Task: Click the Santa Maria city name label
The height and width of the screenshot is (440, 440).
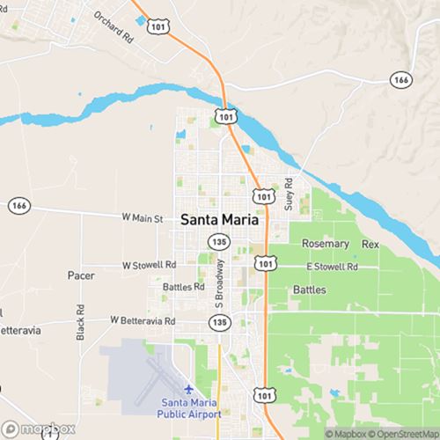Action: pos(221,221)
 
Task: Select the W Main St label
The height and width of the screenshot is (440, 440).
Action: pos(143,216)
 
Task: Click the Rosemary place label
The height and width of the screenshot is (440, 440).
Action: pos(325,244)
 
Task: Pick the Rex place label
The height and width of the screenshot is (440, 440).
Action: pos(370,244)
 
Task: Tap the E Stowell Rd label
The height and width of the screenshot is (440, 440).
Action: pos(333,266)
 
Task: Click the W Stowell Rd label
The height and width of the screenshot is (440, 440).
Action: pos(149,264)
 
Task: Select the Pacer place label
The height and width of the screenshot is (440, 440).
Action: pos(81,275)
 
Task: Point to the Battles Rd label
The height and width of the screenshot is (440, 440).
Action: pos(184,287)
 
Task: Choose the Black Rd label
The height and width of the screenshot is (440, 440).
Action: pos(80,324)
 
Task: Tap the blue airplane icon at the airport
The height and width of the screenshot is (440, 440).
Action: pos(188,388)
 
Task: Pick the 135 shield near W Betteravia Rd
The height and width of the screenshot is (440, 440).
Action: pos(218,324)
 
